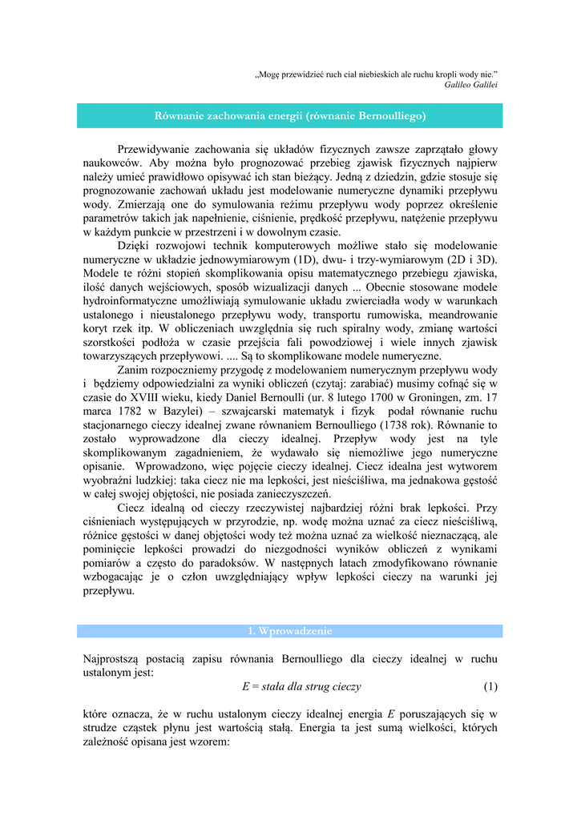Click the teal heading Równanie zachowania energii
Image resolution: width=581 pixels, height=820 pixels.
(289, 116)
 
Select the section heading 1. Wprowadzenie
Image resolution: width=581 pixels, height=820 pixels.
(289, 631)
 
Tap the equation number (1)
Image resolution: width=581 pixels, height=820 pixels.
(490, 686)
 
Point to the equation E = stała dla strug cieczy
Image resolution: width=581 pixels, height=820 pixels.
(301, 686)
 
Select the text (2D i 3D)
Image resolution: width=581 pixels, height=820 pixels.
(470, 259)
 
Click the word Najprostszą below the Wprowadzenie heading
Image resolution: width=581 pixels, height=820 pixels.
(115, 658)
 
